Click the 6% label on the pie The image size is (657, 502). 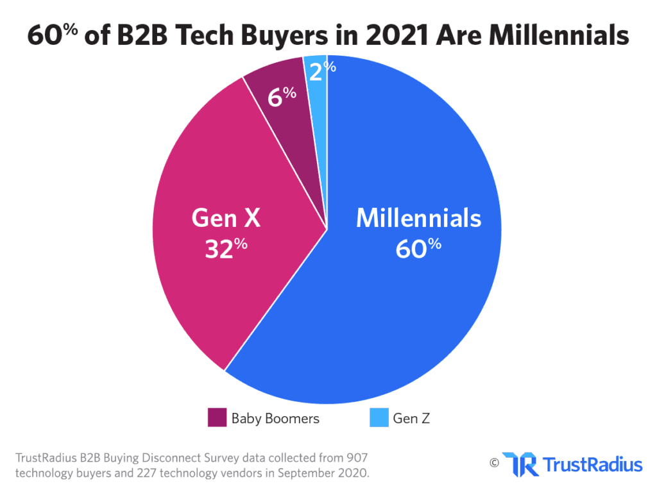[x=282, y=96]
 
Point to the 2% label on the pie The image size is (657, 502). [x=321, y=71]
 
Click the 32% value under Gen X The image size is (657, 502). [x=226, y=248]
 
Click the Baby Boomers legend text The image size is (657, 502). [x=275, y=419]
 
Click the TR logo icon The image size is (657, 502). [x=520, y=464]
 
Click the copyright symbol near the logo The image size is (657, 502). [x=494, y=462]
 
